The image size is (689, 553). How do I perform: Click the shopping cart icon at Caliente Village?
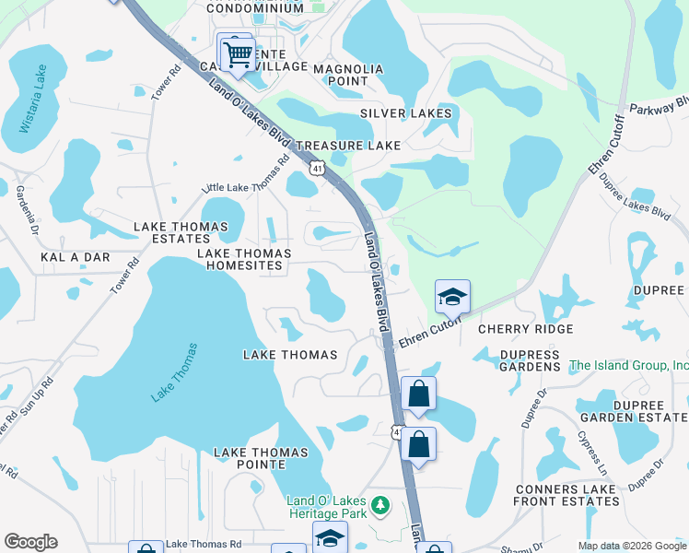click(x=238, y=53)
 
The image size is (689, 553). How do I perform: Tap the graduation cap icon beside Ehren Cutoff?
click(x=452, y=298)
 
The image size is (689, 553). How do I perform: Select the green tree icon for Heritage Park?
click(x=379, y=506)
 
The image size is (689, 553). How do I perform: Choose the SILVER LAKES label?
click(x=406, y=113)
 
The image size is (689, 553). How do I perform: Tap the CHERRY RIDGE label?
click(x=525, y=329)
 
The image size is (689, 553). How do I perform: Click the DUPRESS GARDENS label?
click(x=529, y=360)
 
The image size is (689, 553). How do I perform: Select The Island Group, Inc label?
click(x=628, y=366)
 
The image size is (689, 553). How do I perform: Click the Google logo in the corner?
click(x=30, y=542)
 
